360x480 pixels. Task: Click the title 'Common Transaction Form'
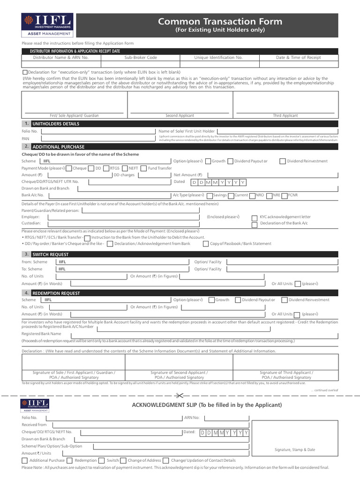coord(220,22)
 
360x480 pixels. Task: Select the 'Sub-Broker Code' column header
coord(141,58)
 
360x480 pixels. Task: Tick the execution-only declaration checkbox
coord(25,72)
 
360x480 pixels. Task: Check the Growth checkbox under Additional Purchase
coord(208,161)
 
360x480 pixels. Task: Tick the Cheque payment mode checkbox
coord(68,168)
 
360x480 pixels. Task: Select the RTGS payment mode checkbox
coord(106,168)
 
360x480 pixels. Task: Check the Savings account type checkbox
coord(209,195)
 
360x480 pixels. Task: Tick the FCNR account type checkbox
coord(284,195)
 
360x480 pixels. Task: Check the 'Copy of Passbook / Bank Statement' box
coord(206,244)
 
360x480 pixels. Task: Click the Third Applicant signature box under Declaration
coord(286,362)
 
